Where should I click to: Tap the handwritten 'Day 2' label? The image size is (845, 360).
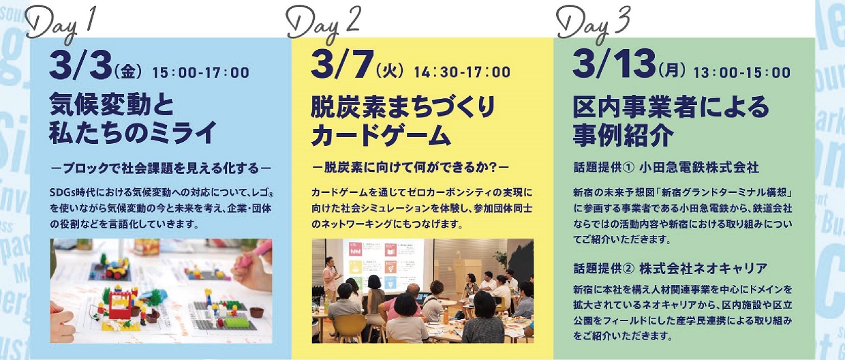click(x=324, y=23)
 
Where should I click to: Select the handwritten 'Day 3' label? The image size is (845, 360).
click(x=593, y=23)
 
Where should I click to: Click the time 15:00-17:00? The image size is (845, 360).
click(x=200, y=72)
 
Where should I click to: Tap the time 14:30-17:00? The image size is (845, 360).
click(x=463, y=72)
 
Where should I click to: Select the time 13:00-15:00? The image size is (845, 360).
click(x=742, y=72)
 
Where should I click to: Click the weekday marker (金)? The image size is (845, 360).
click(x=128, y=72)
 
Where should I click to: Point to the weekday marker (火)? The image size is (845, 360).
click(x=390, y=72)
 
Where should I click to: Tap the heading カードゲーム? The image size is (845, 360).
click(x=381, y=135)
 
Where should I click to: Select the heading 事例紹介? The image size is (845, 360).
click(x=623, y=135)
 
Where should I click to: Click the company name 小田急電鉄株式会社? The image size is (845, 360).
click(x=699, y=168)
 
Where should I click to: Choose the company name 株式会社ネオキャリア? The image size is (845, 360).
click(x=703, y=269)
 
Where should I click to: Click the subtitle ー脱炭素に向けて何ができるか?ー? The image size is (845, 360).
click(x=410, y=168)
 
